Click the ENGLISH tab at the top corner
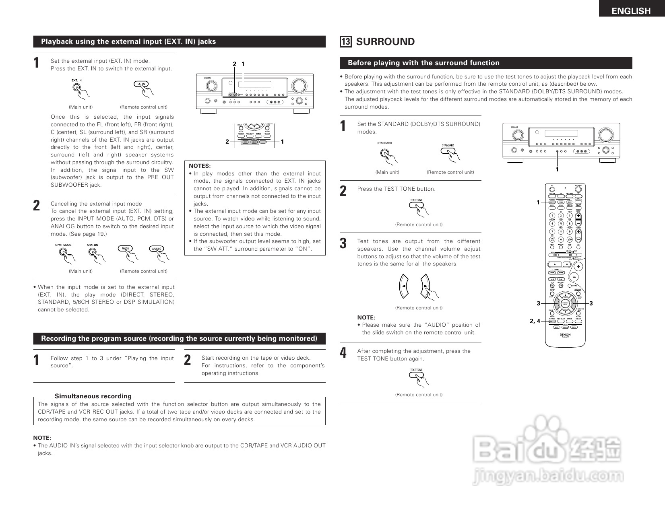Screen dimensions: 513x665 631,11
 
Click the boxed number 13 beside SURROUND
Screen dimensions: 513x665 345,42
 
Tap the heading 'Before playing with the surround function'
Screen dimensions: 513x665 423,63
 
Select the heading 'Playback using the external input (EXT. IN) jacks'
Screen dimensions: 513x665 128,41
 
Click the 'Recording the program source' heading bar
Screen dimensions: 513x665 179,338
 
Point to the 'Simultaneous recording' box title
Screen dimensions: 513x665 93,396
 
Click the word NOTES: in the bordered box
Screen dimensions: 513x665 200,166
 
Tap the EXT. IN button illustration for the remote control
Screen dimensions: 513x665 141,84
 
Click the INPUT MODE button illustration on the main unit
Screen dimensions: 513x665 63,252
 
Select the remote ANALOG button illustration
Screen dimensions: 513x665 156,249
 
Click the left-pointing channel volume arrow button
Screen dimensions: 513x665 403,286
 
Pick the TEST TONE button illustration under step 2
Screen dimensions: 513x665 416,205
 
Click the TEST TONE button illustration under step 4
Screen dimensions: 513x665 416,375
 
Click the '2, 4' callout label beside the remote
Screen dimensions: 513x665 535,321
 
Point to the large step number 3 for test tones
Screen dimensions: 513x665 343,243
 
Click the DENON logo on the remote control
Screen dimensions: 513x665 565,334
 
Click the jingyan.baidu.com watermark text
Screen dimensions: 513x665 548,476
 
